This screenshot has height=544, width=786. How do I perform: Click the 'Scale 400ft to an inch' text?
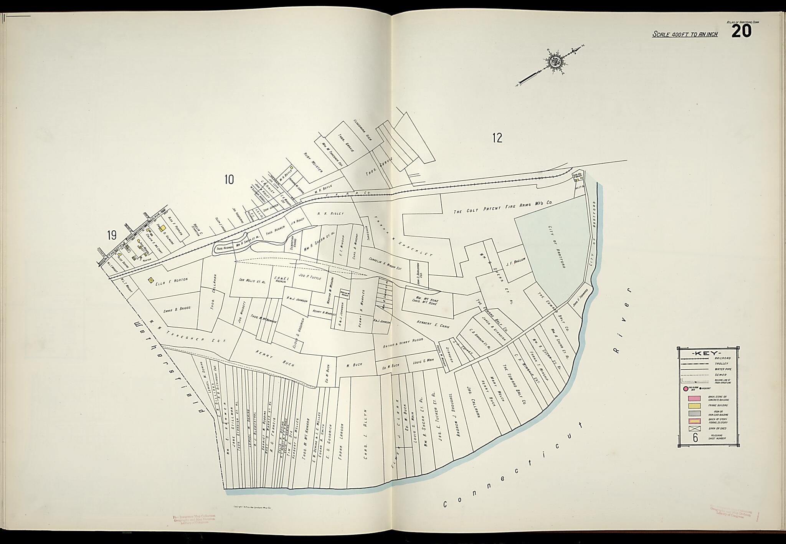685,34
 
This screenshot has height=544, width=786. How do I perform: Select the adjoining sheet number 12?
497,138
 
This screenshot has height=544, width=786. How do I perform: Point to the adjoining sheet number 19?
112,235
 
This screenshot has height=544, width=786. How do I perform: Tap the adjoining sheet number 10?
229,179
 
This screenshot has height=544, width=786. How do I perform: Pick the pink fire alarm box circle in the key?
685,389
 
